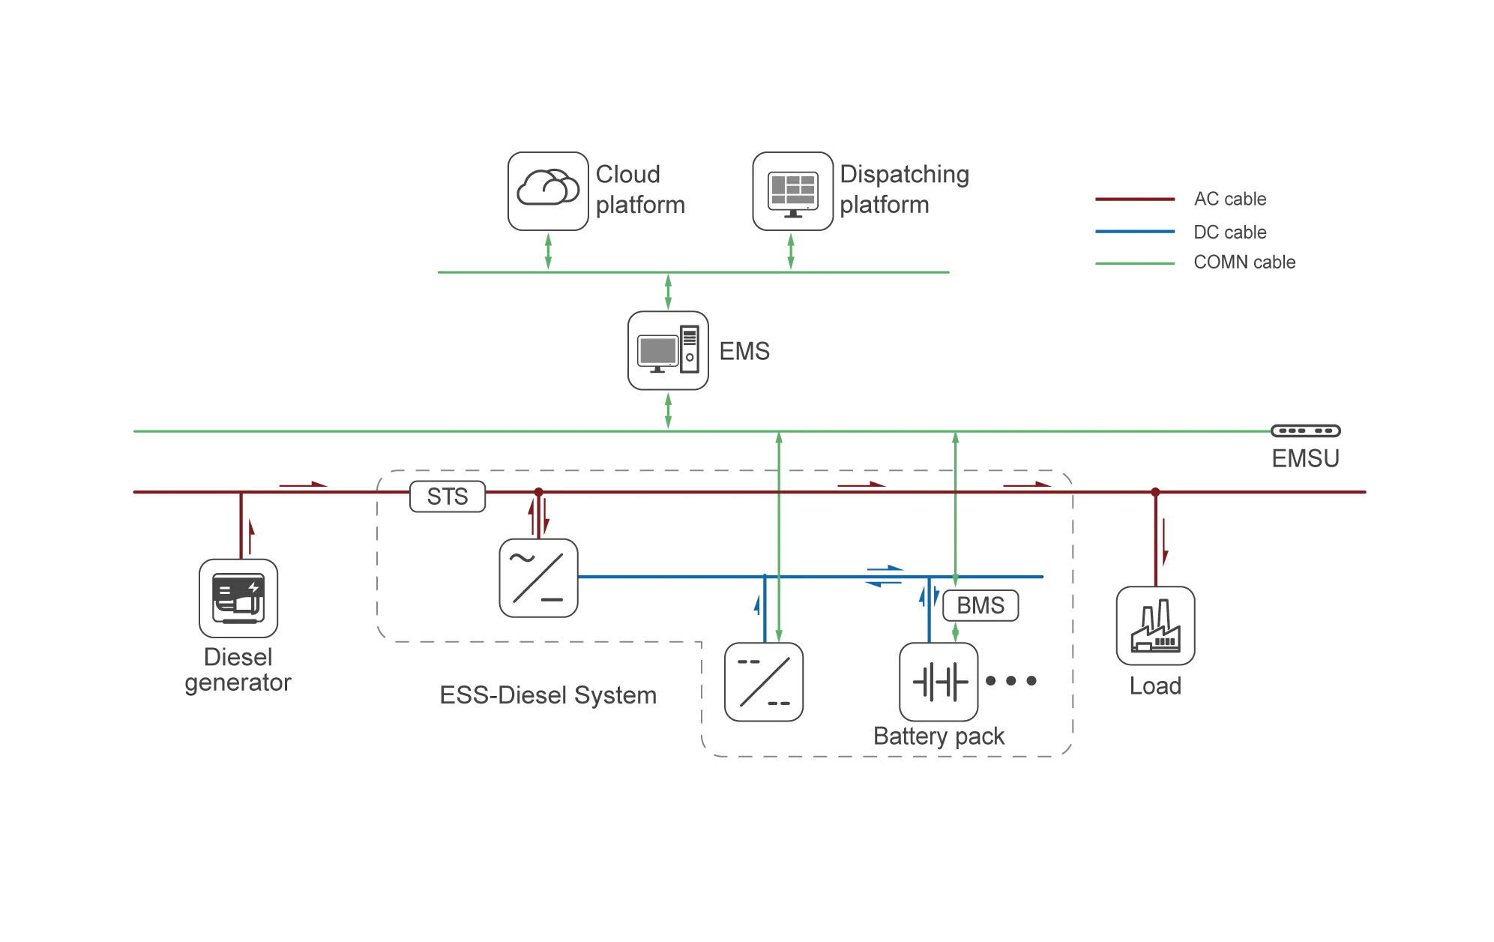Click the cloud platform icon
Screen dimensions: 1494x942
(548, 190)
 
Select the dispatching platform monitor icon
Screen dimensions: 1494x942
(792, 190)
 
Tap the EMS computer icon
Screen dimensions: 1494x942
(668, 350)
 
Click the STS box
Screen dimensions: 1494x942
(448, 496)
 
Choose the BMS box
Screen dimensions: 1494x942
(981, 605)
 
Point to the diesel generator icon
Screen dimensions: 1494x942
(238, 598)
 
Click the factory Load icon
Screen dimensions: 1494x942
(1155, 625)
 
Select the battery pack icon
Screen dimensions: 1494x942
(939, 682)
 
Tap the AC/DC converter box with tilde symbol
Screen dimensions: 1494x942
(538, 578)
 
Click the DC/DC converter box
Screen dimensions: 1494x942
(764, 682)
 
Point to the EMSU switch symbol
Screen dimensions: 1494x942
(1305, 430)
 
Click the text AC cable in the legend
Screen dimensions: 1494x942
(1230, 199)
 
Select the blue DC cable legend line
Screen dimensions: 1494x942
(1135, 232)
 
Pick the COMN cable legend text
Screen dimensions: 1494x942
(1244, 262)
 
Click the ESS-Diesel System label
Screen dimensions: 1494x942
(548, 695)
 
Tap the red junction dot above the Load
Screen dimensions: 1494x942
(1155, 492)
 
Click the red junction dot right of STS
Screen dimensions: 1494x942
(538, 492)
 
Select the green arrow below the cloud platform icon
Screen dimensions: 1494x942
(548, 250)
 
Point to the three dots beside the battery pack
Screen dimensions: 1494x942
(1011, 681)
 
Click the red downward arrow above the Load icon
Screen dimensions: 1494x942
(1165, 541)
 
